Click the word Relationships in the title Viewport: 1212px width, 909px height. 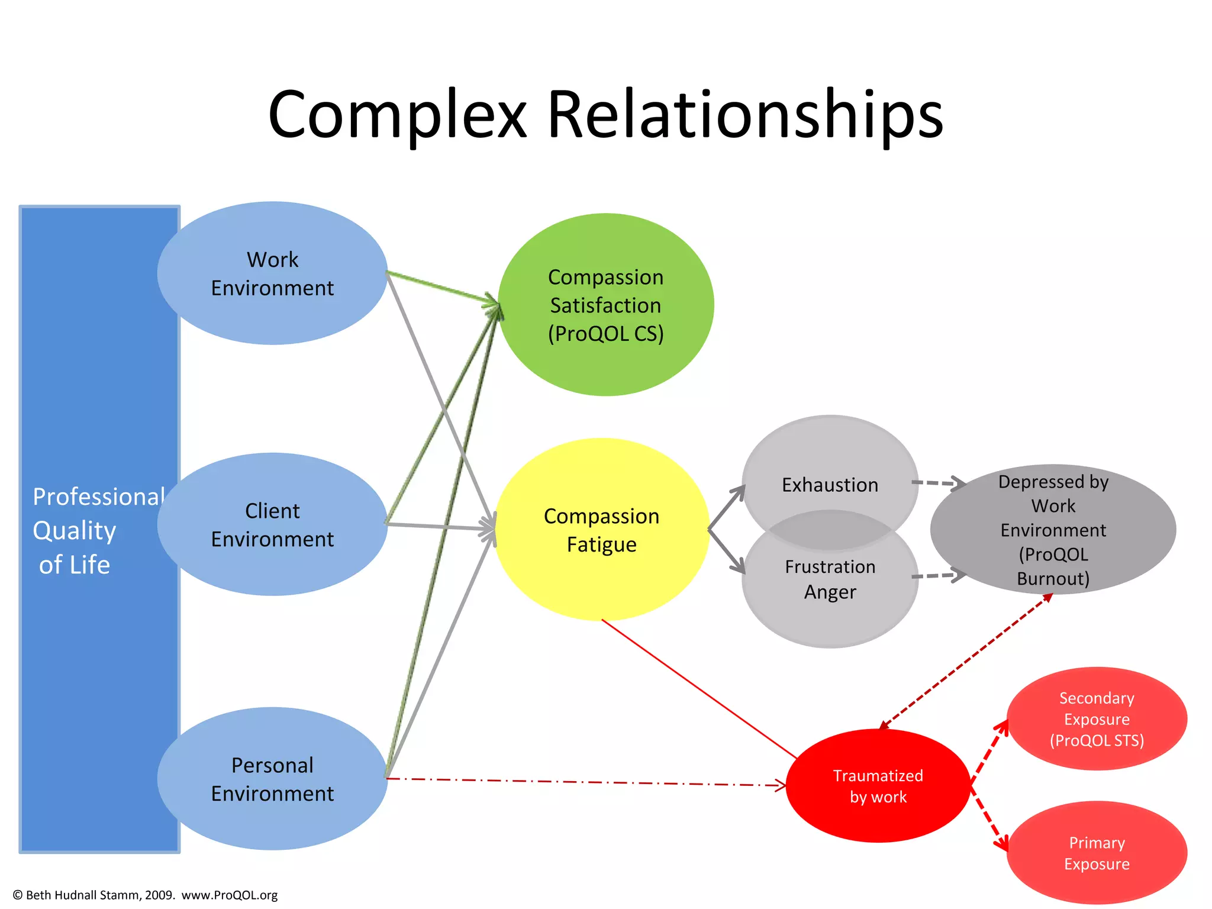point(744,115)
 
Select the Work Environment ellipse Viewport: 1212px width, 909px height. point(272,273)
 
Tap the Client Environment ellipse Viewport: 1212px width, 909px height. point(272,525)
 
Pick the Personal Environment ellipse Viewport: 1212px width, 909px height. point(272,779)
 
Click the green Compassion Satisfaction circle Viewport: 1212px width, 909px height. point(605,305)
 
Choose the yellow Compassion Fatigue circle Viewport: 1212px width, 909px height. point(601,530)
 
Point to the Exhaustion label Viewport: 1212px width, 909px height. point(830,485)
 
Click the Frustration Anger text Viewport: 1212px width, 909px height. point(830,579)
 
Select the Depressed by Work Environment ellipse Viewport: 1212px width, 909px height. point(1053,530)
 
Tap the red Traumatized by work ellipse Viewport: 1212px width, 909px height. point(878,786)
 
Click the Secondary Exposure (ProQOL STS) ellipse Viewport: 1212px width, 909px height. point(1097,719)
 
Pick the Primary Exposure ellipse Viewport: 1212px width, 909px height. point(1097,853)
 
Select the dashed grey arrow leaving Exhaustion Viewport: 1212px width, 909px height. point(935,483)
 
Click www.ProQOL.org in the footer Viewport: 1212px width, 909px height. point(230,895)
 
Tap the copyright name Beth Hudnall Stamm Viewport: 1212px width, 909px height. point(82,895)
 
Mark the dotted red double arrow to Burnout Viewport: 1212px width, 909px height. point(965,661)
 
